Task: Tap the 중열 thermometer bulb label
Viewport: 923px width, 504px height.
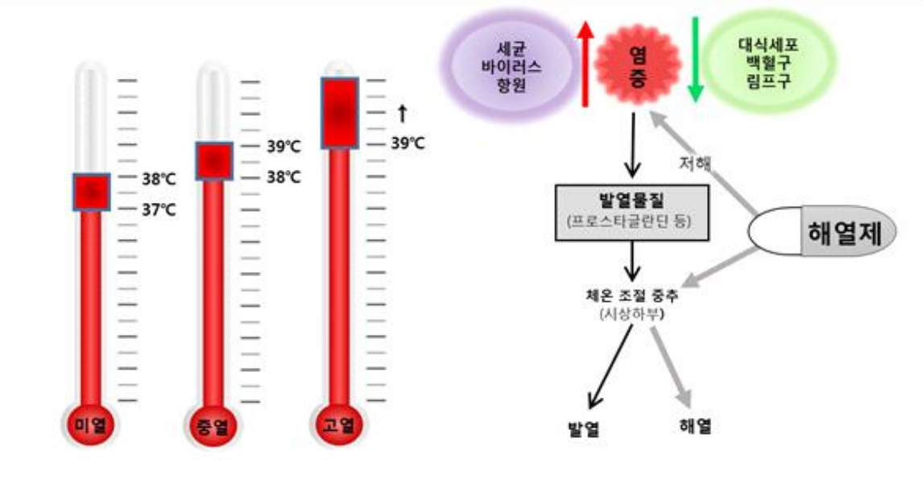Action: tap(212, 424)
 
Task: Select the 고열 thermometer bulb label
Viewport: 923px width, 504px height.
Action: tap(339, 424)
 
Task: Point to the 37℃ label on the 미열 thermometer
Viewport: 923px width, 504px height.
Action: tap(159, 210)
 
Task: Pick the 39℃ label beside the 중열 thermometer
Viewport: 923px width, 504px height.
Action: tap(284, 147)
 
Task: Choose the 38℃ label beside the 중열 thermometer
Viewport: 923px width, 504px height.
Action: tap(284, 178)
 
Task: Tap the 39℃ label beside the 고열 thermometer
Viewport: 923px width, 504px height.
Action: tap(408, 144)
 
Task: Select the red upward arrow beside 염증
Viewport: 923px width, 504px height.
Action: tap(586, 64)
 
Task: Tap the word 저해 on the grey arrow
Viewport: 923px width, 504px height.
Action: tap(695, 163)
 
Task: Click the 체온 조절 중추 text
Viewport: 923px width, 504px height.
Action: tap(631, 295)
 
